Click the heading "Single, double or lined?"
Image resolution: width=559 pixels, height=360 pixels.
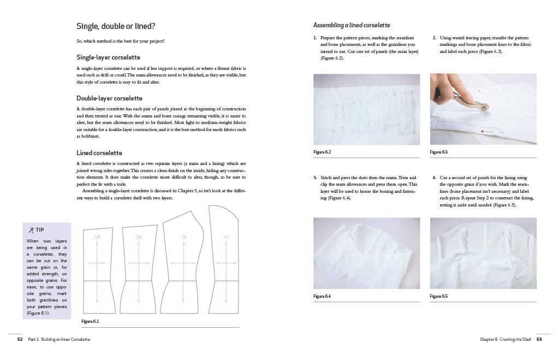[116, 26]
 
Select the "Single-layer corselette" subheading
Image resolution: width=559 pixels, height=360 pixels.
[109, 57]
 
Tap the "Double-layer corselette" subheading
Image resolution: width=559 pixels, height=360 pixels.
[109, 98]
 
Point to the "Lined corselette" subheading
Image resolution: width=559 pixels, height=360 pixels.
[99, 153]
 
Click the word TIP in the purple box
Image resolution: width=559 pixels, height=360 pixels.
[39, 230]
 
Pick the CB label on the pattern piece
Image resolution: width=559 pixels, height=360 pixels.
[97, 237]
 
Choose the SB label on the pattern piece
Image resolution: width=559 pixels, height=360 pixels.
[139, 237]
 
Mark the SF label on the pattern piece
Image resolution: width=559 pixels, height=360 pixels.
[184, 237]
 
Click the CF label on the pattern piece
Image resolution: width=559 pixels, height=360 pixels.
[226, 237]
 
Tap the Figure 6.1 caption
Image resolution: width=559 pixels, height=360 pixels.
[90, 321]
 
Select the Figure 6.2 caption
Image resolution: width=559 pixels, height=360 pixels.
[322, 152]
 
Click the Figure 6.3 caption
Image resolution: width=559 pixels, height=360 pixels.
[439, 152]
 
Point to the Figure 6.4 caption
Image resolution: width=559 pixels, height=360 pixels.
[322, 296]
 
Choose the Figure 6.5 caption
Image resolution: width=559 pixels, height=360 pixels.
[439, 296]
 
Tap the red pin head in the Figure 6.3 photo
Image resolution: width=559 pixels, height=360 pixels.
[483, 131]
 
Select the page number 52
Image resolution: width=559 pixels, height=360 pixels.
[20, 339]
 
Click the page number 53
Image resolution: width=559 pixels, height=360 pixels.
[539, 339]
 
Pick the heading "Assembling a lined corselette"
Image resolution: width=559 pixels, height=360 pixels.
[352, 25]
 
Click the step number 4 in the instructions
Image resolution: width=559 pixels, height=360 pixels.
[434, 178]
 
